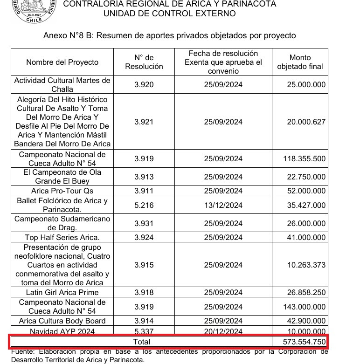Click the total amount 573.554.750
coord(304,342)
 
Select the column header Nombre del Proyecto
coord(62,62)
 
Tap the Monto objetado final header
coord(300,62)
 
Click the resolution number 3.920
coord(144,85)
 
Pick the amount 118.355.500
coord(304,158)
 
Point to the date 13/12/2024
coord(223,205)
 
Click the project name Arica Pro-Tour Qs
coord(62,191)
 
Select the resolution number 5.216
coord(144,205)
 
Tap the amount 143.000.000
coord(304,307)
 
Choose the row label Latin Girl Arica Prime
coord(62,293)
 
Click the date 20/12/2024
coord(223,331)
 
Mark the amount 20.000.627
coord(304,122)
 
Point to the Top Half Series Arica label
coord(62,238)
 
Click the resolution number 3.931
coord(144,224)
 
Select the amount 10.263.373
coord(304,265)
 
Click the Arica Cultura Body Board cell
coord(62,321)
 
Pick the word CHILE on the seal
coord(34,21)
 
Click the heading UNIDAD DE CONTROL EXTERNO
coord(169,14)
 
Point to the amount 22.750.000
coord(304,177)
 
